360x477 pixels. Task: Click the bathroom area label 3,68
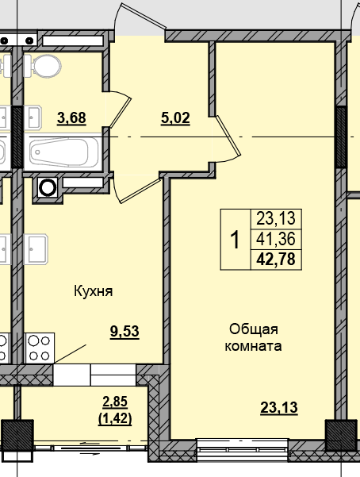coord(71,118)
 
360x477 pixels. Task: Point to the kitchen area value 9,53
coord(124,333)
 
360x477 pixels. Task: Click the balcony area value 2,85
coord(115,400)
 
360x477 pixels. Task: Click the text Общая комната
coord(254,337)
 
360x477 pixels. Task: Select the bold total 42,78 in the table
coord(276,258)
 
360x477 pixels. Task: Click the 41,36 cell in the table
coord(276,238)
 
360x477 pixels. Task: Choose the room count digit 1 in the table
coord(235,238)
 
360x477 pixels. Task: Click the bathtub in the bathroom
coord(63,152)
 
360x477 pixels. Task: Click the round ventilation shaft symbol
coord(48,188)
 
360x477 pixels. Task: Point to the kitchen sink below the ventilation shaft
coord(38,250)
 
